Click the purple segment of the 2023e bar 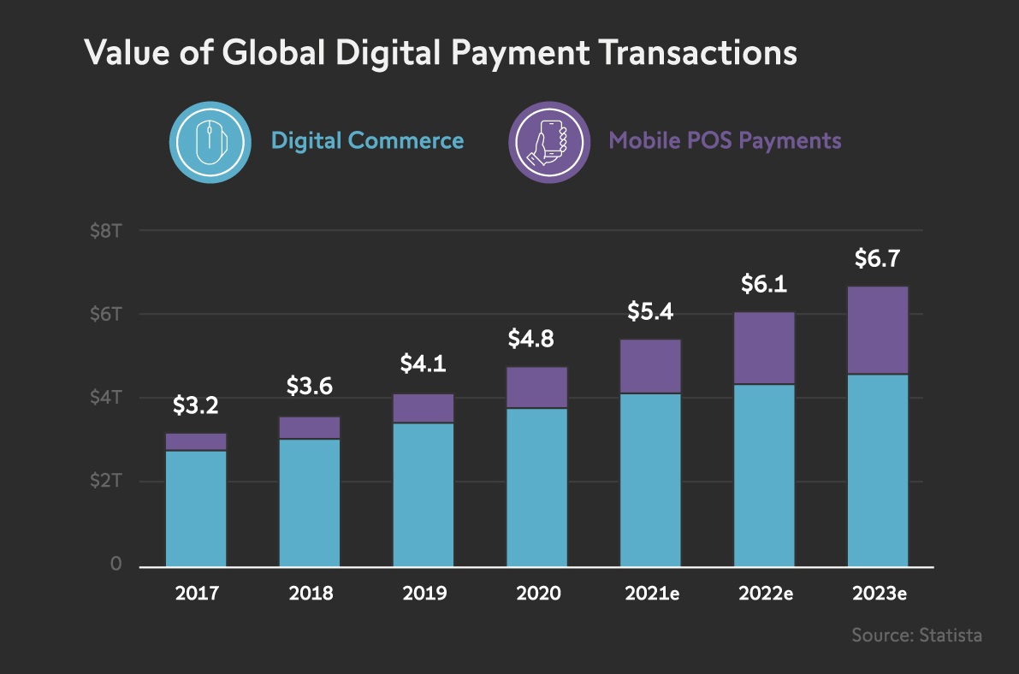[878, 330]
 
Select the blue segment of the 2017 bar [196, 507]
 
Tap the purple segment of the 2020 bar [537, 387]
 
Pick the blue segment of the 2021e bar [651, 479]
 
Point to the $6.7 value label [878, 258]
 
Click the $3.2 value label [196, 405]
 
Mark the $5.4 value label [650, 311]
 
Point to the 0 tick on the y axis [115, 565]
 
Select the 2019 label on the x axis [424, 594]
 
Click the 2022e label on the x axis [764, 594]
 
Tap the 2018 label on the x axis [310, 594]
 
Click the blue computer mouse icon [210, 141]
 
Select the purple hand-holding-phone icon [549, 141]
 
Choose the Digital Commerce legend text [368, 141]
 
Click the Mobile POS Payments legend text [725, 141]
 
